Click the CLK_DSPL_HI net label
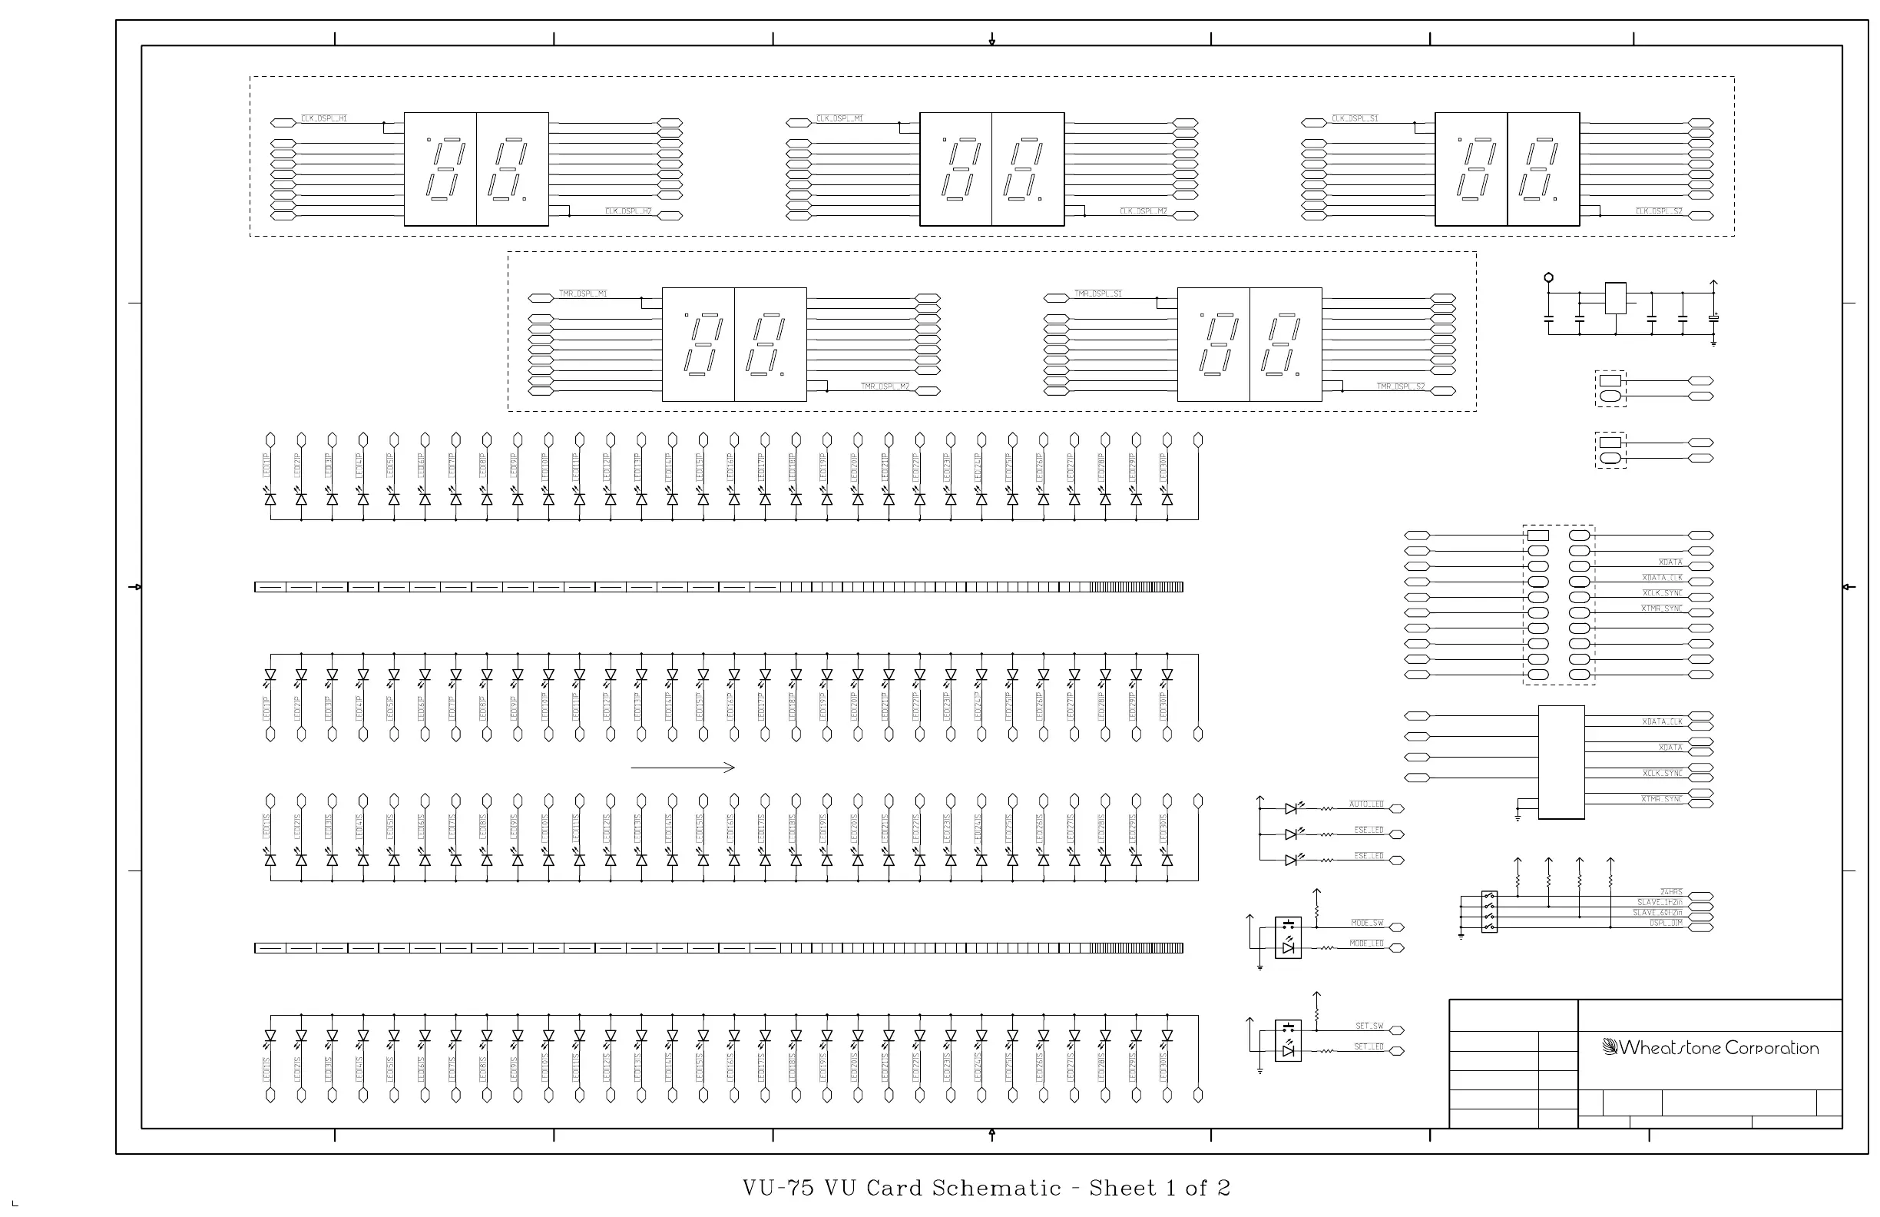[324, 118]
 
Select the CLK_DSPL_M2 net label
[1144, 211]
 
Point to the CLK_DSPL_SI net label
[1355, 118]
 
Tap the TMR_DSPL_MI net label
[583, 294]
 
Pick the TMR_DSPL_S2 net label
[1401, 386]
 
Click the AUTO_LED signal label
[1365, 804]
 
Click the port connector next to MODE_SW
[1397, 927]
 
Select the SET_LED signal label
[1369, 1046]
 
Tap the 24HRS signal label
[1670, 892]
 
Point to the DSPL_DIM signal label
[1666, 923]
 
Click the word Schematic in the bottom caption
[997, 1189]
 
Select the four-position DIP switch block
[1489, 912]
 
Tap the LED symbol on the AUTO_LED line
[1290, 808]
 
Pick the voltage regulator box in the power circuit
[1615, 298]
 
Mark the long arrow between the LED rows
[683, 767]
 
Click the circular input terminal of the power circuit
[1548, 277]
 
